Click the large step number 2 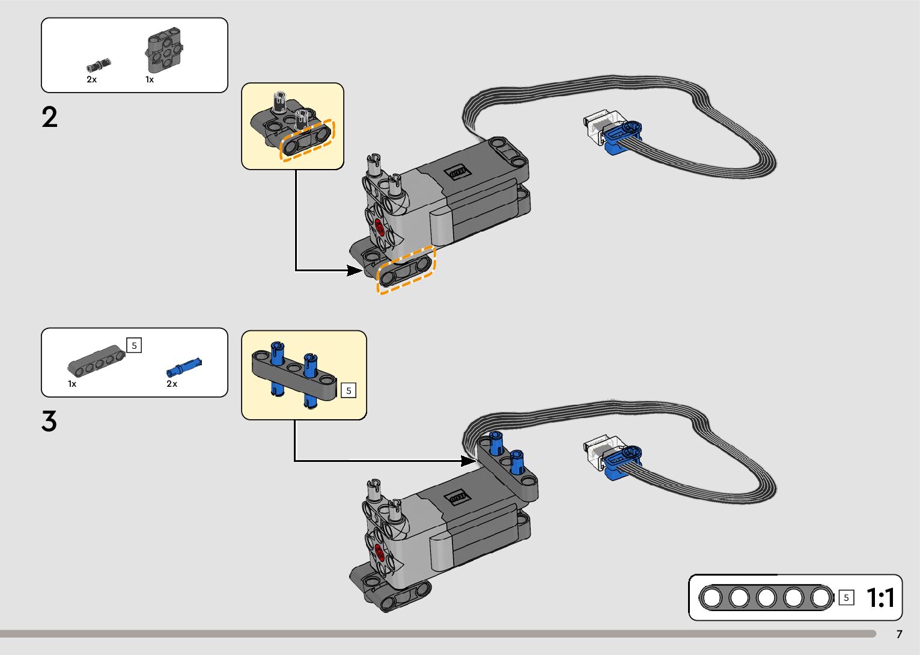click(50, 117)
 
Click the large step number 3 click(49, 421)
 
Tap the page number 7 click(899, 634)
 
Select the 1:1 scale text click(880, 598)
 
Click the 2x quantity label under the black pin click(91, 79)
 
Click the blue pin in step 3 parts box click(184, 366)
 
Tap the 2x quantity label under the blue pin click(172, 384)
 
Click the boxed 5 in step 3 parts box click(134, 345)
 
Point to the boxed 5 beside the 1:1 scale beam click(846, 598)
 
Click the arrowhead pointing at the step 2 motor click(355, 270)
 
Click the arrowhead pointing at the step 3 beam click(469, 461)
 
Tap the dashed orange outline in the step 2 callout click(307, 140)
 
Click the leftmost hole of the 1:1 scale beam click(712, 598)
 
